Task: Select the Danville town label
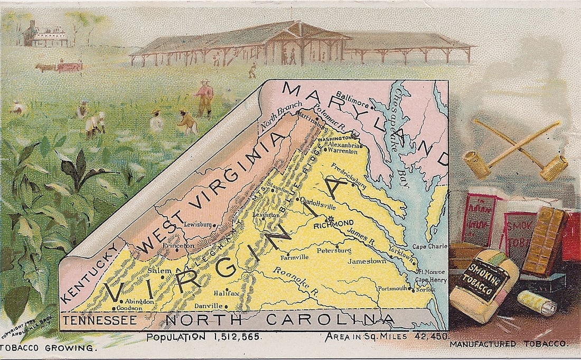208,306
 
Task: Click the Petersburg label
333,250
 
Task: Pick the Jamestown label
366,261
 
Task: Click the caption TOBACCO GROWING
49,348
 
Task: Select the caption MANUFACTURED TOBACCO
509,344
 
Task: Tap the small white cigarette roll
537,303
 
